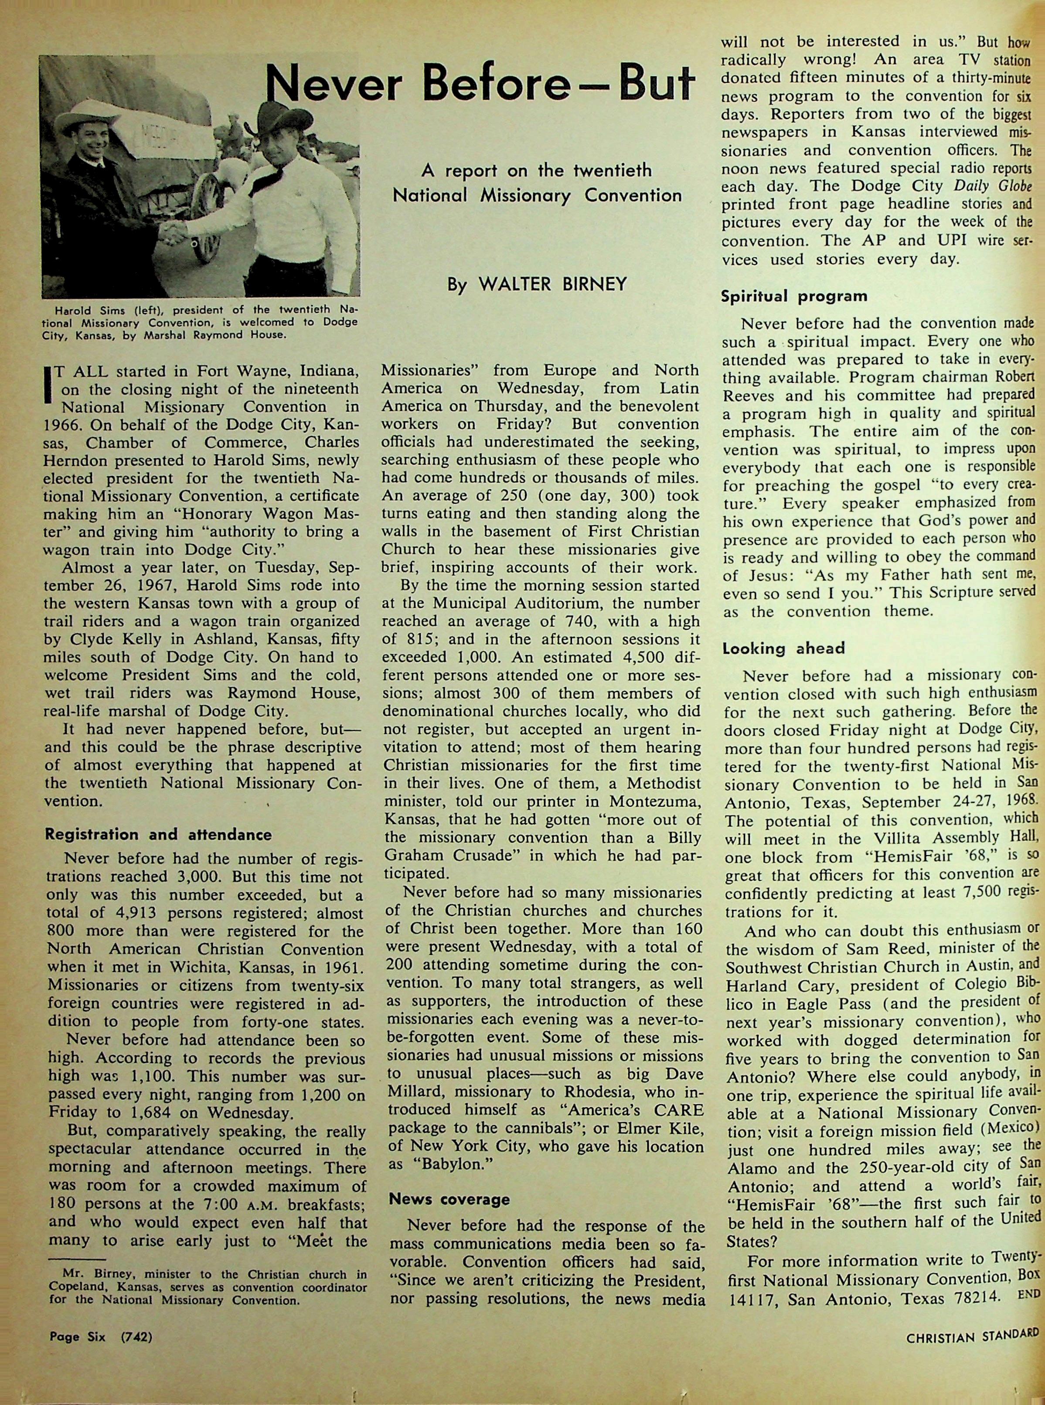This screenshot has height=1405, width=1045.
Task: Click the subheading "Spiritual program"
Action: point(794,296)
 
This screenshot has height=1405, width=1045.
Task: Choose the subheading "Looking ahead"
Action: point(784,648)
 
